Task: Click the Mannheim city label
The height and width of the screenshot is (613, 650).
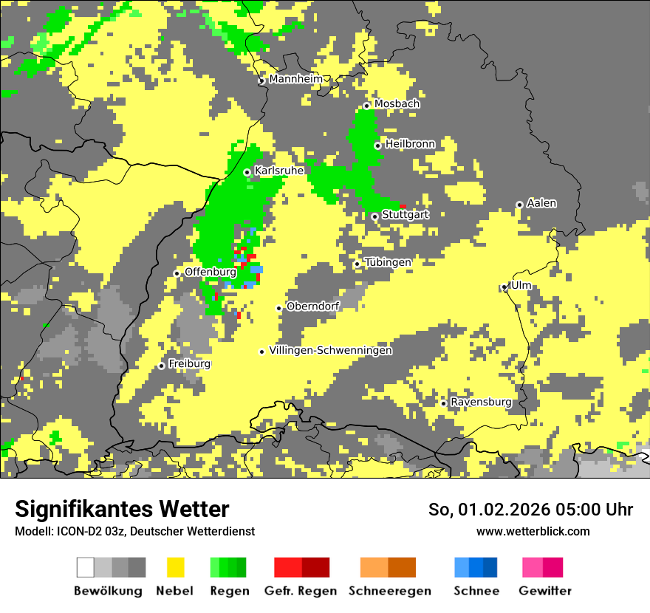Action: pos(295,79)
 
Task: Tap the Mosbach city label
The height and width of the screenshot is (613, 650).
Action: pos(397,104)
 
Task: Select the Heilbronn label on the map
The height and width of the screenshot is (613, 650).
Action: pos(410,144)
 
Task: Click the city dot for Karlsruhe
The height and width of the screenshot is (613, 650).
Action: pos(247,173)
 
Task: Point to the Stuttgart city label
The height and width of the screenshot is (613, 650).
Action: pos(406,215)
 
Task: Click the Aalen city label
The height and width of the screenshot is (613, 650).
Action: pos(541,203)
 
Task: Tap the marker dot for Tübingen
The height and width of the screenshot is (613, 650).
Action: pos(357,264)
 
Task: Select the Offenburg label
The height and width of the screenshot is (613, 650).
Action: pos(210,272)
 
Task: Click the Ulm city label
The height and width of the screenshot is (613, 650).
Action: pos(521,286)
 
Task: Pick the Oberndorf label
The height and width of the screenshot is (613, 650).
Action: pos(312,306)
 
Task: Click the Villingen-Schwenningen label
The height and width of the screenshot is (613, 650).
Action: pos(331,351)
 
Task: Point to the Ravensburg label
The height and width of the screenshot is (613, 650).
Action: pos(481,403)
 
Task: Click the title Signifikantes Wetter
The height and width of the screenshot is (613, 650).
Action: pos(122,509)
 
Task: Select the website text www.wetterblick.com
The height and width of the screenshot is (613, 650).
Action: pos(533,531)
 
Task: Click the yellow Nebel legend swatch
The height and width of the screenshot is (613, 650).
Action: pos(175,567)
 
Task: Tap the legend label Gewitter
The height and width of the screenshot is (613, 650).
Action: pos(545,591)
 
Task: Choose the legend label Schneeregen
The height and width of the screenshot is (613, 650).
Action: pos(389,591)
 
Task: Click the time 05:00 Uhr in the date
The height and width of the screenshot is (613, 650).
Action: pos(591,510)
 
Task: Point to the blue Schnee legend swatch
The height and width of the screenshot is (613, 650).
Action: pos(476,567)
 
